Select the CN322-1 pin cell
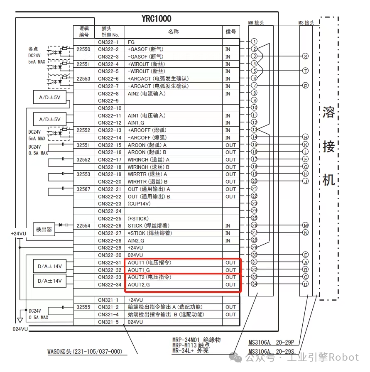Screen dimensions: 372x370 pos(108,42)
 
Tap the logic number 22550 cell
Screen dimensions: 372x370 pos(84,49)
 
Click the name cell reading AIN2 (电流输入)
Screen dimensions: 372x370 pos(147,93)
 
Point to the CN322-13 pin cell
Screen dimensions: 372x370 pos(109,130)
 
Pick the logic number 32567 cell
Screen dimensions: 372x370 pos(84,189)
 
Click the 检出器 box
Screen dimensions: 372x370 pos(44,229)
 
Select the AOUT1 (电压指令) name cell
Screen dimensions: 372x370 pos(149,262)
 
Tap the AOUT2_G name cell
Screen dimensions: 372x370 pos(139,285)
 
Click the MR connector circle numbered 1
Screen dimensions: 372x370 pos(254,42)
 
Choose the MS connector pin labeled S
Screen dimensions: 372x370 pos(306,56)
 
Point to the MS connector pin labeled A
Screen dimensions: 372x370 pos(306,262)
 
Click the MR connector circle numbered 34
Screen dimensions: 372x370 pos(254,284)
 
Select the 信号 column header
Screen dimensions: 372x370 pos(231,32)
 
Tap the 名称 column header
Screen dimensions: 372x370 pos(173,32)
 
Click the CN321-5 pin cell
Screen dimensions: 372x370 pos(108,322)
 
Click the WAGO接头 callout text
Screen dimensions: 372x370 pos(85,352)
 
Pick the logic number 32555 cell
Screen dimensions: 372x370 pos(84,307)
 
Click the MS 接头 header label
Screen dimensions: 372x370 pos(306,23)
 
